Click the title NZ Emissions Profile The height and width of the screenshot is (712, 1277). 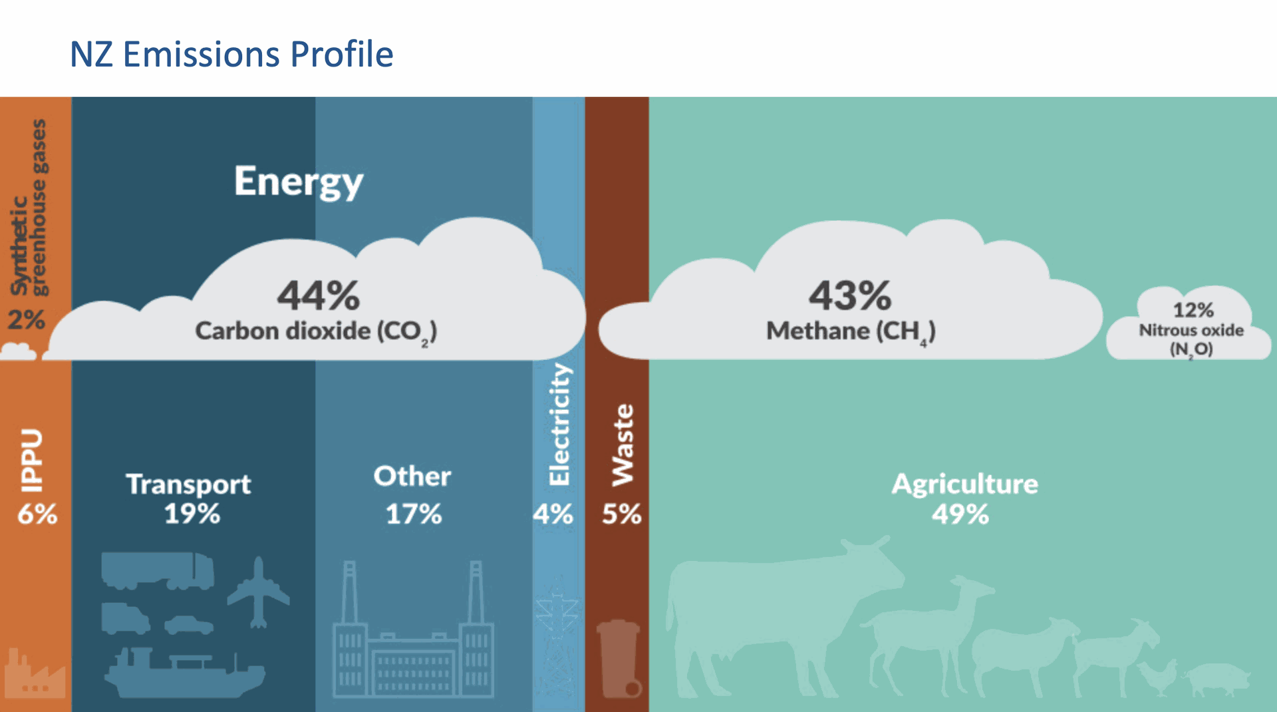(x=231, y=55)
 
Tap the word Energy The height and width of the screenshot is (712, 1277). (x=299, y=182)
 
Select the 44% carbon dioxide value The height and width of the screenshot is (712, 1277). (x=319, y=295)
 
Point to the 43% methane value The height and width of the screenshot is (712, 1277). (x=850, y=295)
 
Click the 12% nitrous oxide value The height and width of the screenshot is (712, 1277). (x=1193, y=310)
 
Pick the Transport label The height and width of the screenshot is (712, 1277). (x=189, y=484)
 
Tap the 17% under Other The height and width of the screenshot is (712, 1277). (x=414, y=514)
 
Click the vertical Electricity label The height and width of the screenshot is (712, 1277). (x=559, y=425)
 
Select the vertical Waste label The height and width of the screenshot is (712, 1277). (x=623, y=445)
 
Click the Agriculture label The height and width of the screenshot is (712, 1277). (x=965, y=484)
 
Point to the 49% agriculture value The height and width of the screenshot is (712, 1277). (x=960, y=514)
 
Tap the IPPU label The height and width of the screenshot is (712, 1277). (x=31, y=460)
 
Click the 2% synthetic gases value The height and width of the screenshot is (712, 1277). (x=27, y=320)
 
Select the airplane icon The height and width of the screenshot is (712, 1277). (x=259, y=592)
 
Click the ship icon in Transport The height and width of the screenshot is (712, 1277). (x=185, y=672)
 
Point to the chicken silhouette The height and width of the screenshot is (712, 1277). (x=1159, y=677)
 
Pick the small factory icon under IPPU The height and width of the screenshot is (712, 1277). (x=35, y=673)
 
